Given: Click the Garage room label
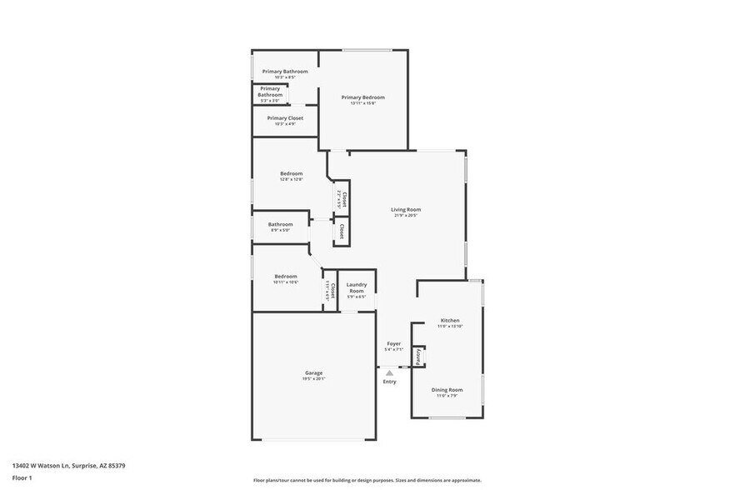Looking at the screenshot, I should (x=313, y=372).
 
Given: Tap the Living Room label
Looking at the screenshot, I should (x=407, y=209).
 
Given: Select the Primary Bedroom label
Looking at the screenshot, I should (x=362, y=97).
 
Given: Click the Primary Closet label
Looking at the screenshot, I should (x=285, y=118).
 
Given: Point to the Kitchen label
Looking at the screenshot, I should (x=450, y=320).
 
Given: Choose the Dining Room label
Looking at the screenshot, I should (x=447, y=389).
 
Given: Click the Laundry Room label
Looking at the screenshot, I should (x=357, y=287).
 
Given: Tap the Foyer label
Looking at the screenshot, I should (x=393, y=343).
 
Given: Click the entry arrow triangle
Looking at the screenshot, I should (x=389, y=372).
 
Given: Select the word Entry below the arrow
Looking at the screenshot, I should (x=390, y=382).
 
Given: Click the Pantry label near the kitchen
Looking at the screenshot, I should (x=417, y=356).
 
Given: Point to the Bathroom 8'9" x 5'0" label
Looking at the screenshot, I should (x=280, y=223).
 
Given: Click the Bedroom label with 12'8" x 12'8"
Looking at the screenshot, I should (x=291, y=173).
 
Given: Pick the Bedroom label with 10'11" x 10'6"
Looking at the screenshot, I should (x=286, y=276).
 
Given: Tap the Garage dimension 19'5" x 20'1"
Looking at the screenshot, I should (x=313, y=379).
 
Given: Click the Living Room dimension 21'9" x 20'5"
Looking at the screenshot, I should (x=406, y=216).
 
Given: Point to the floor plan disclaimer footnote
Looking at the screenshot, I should (x=367, y=480).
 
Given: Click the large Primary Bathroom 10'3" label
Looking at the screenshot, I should (x=285, y=72).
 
